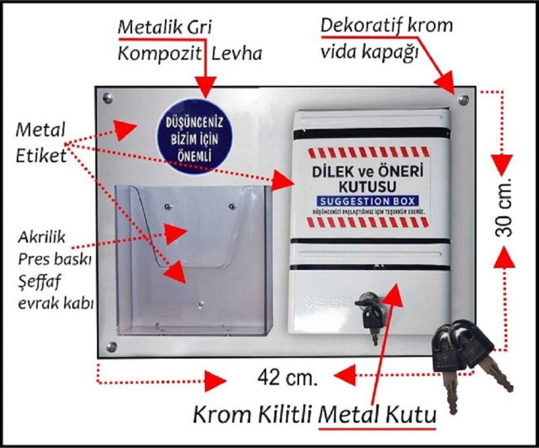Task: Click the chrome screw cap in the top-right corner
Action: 463,100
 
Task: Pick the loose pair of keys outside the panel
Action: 465,354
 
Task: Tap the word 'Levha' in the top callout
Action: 238,54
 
